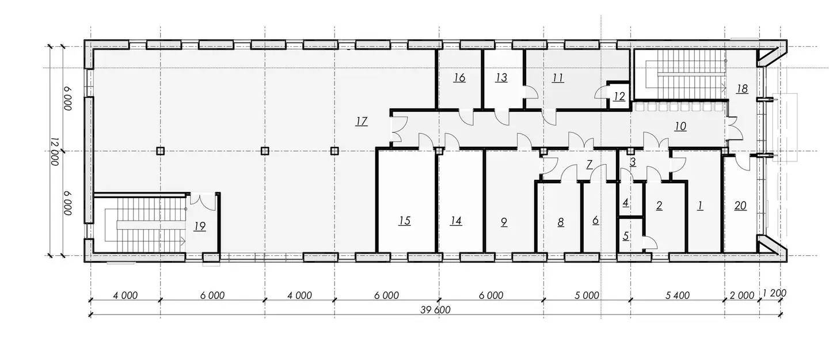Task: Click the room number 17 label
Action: click(362, 121)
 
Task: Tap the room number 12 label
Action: click(619, 97)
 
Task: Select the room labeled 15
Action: click(405, 221)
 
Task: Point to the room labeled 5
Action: click(626, 236)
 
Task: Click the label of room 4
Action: click(626, 203)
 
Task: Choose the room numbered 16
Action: click(459, 78)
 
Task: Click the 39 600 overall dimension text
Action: click(435, 310)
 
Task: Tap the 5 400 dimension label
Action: click(677, 295)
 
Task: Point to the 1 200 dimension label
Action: click(774, 293)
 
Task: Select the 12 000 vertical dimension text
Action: click(55, 151)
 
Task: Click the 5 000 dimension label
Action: click(587, 295)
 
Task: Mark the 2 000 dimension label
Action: click(741, 295)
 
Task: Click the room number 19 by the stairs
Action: click(200, 226)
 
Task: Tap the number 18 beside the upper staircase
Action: click(742, 89)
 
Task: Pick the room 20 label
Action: click(740, 206)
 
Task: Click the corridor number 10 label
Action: click(680, 127)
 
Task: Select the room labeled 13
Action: click(501, 78)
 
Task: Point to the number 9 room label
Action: click(504, 222)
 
